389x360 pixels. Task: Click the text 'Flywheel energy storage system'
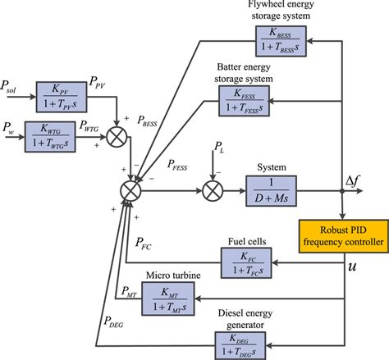pyautogui.click(x=280, y=9)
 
